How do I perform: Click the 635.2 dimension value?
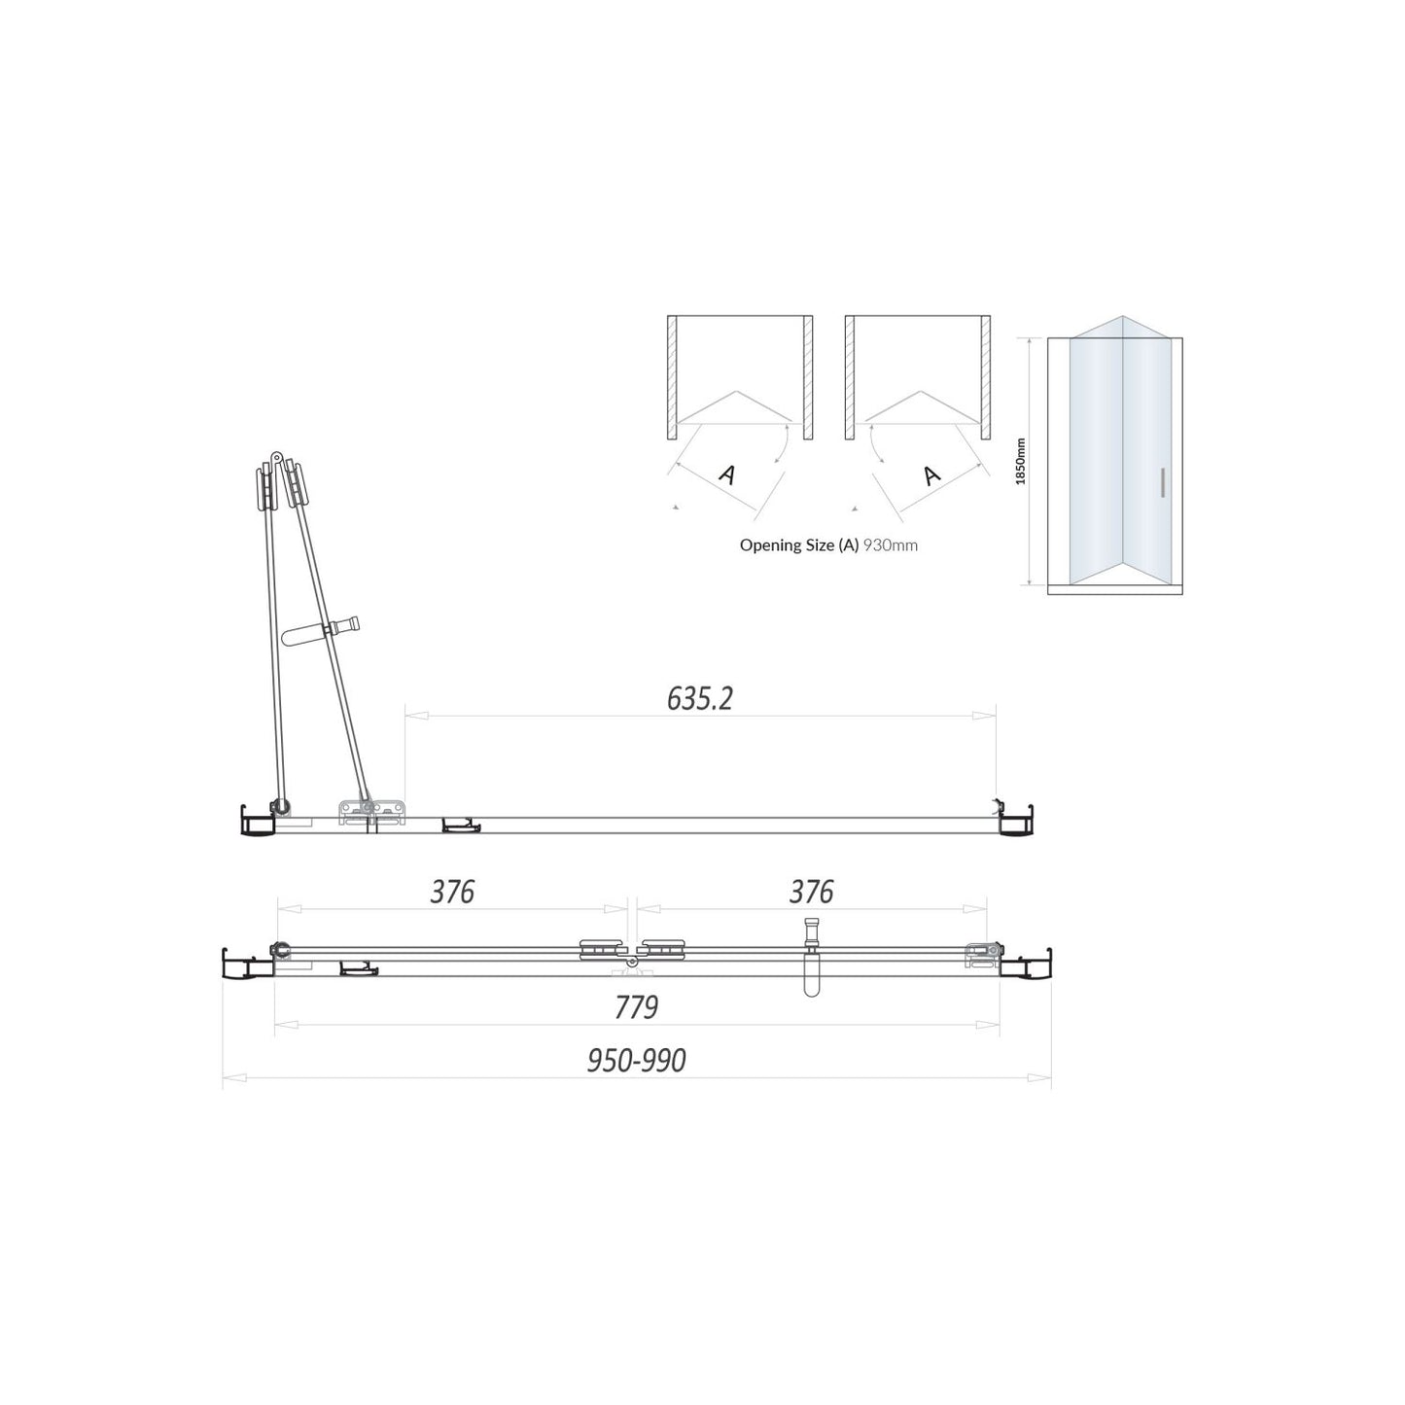(x=699, y=698)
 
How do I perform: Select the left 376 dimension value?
(x=452, y=892)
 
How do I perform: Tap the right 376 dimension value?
(x=811, y=892)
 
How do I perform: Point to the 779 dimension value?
(x=637, y=1007)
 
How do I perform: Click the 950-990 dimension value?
(x=637, y=1060)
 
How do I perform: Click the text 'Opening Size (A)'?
(x=799, y=545)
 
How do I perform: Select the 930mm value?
(x=891, y=545)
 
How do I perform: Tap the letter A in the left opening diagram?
(x=726, y=474)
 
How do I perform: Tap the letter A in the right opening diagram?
(x=931, y=474)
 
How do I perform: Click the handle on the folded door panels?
(x=321, y=630)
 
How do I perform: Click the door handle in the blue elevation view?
(x=1162, y=483)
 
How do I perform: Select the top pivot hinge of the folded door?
(x=276, y=457)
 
